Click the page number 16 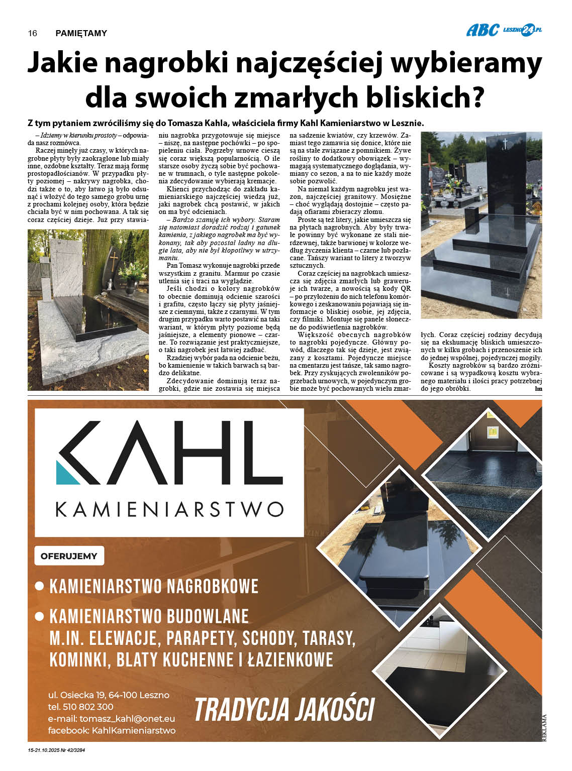pos(33,33)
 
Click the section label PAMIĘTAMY pos(81,33)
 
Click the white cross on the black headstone pos(505,144)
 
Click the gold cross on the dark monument pos(114,261)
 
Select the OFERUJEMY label pos(69,556)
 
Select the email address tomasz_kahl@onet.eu pos(127,719)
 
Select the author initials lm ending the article pos(539,388)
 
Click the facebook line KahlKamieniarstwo pos(112,730)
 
